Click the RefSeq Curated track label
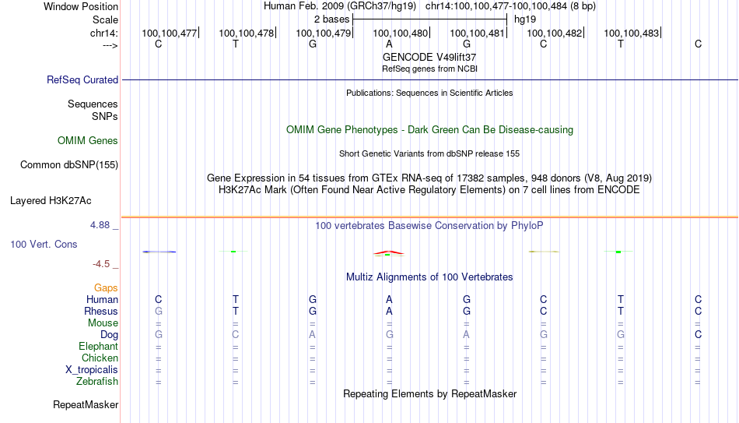[82, 79]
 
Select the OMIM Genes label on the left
[88, 141]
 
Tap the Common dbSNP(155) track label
[69, 165]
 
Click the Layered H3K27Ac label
[51, 201]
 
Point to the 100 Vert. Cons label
[44, 244]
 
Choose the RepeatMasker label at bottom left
[86, 404]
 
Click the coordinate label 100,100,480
[400, 33]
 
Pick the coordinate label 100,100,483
[631, 33]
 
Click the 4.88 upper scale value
[100, 225]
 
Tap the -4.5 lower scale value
[101, 264]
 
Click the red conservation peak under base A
[389, 252]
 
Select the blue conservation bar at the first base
[159, 252]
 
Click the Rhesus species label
[101, 311]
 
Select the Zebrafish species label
[97, 381]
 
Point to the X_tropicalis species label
[92, 370]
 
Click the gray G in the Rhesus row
[159, 311]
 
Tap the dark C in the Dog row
[698, 334]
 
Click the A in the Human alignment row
[389, 299]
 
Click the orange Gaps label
[106, 288]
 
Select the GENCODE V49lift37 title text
[429, 57]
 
